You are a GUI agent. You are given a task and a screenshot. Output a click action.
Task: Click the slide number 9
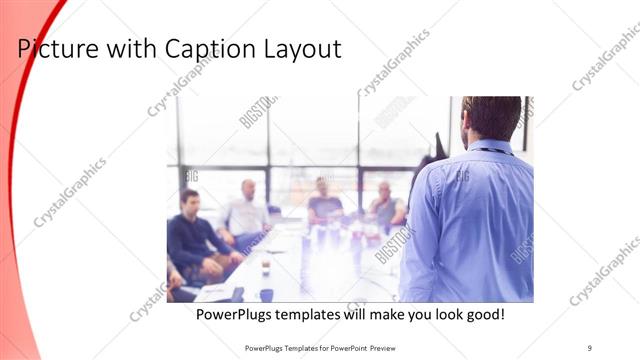pyautogui.click(x=590, y=347)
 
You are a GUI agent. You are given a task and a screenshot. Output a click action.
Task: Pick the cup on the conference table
pyautogui.click(x=266, y=268)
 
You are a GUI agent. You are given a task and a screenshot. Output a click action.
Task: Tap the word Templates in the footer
pyautogui.click(x=289, y=347)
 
